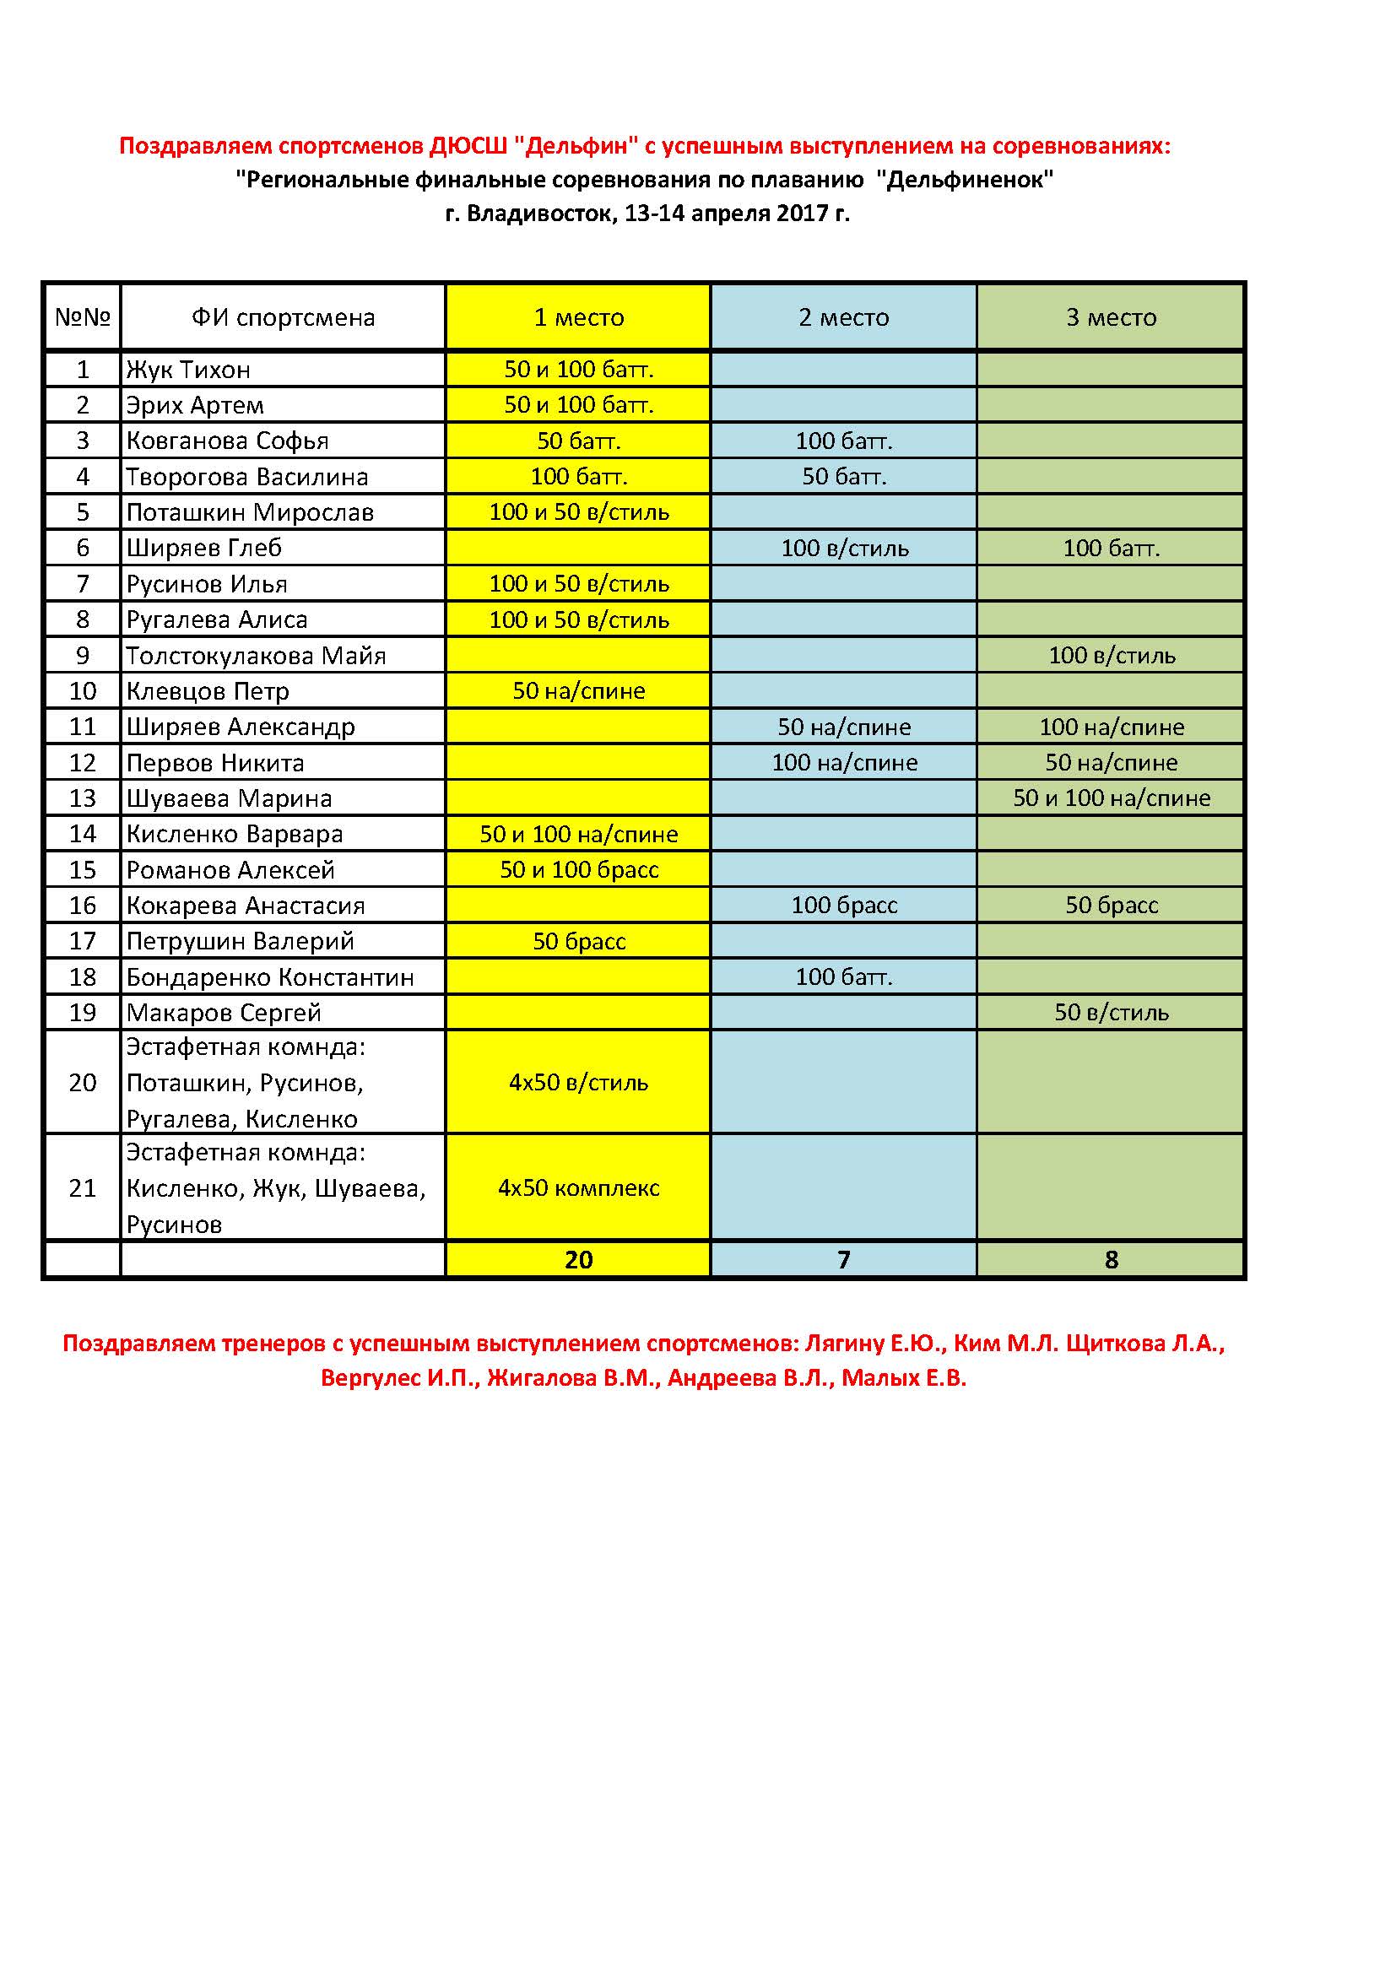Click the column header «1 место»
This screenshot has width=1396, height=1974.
coord(578,317)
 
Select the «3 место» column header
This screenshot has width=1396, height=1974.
coord(1111,317)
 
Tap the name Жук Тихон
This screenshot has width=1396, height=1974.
coord(188,370)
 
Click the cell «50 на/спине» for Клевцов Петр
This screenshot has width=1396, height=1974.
coord(578,691)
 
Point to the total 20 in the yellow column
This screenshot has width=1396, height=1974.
coord(578,1259)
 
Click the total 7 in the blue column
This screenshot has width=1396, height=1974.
coord(843,1259)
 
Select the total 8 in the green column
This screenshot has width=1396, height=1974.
coord(1111,1259)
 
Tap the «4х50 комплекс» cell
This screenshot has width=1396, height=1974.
coord(578,1188)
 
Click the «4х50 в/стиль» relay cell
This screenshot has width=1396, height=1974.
coord(578,1083)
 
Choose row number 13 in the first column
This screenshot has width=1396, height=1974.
coord(83,798)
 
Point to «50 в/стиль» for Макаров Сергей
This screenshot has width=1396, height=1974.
coord(1111,1013)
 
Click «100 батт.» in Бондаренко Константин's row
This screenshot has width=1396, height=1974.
coord(843,976)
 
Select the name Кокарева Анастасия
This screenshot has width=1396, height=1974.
coord(245,906)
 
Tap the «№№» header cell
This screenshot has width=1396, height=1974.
coord(83,317)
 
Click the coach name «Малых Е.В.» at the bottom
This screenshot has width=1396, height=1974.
coord(903,1378)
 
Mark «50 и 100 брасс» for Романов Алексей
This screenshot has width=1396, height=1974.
coord(578,870)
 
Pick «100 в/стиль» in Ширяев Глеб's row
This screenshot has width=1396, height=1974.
coord(843,549)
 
